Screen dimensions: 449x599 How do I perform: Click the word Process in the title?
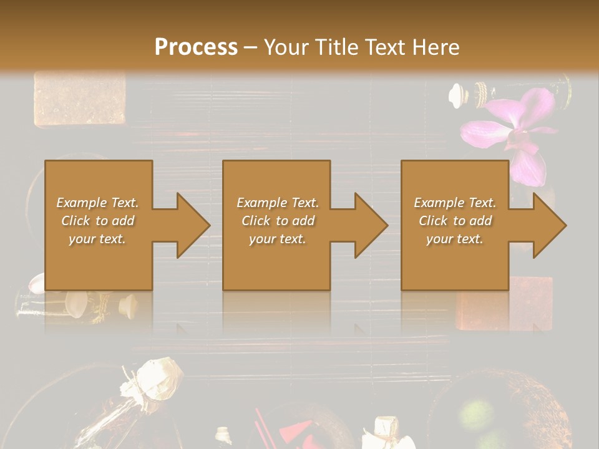pyautogui.click(x=196, y=47)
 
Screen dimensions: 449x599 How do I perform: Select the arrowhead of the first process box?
pyautogui.click(x=193, y=225)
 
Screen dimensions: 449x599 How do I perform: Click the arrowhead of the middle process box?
pyautogui.click(x=371, y=225)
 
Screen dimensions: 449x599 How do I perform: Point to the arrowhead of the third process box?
pyautogui.click(x=549, y=225)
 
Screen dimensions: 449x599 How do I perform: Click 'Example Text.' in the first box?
pyautogui.click(x=98, y=203)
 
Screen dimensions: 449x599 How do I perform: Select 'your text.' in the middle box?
pyautogui.click(x=277, y=239)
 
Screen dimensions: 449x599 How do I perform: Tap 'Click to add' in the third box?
pyautogui.click(x=455, y=221)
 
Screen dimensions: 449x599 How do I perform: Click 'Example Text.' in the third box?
pyautogui.click(x=455, y=203)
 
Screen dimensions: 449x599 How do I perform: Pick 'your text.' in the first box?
pyautogui.click(x=98, y=239)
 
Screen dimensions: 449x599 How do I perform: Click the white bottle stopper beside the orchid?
pyautogui.click(x=459, y=94)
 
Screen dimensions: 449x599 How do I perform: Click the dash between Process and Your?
pyautogui.click(x=250, y=47)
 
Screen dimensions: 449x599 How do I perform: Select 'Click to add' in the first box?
pyautogui.click(x=98, y=221)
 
